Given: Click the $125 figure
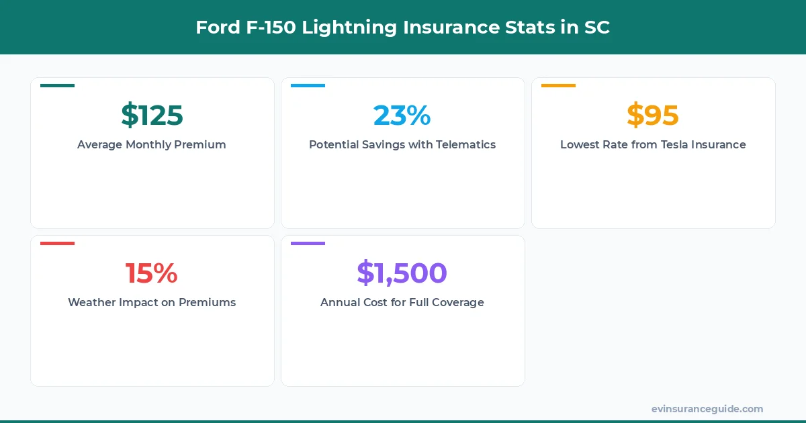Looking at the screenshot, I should coord(152,115).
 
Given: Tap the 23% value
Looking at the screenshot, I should coord(402,115).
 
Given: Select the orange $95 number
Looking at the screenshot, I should coord(653,115).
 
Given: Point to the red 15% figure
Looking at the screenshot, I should coord(152,273).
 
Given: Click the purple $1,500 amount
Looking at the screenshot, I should coord(402,273).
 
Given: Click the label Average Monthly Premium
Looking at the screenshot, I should coord(152,144).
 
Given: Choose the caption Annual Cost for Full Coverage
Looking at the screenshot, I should coord(402,302).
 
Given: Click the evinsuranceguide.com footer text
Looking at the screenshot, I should coord(707,409).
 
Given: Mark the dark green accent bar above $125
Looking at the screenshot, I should coord(57,85).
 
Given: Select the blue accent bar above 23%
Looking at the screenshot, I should coord(308,85).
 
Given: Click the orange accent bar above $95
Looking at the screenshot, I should coord(558,85).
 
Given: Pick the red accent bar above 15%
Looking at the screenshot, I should coord(57,243).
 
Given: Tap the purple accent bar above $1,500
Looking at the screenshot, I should coord(308,243).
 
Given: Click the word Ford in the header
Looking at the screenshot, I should coord(214,28).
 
